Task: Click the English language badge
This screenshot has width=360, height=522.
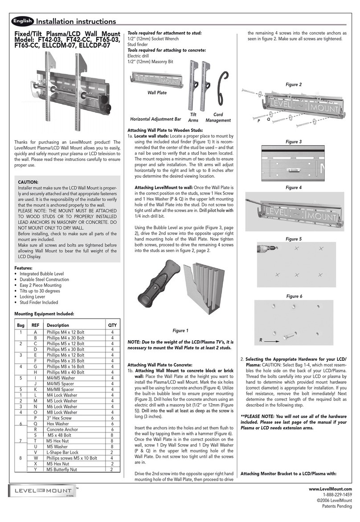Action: [x=22, y=20]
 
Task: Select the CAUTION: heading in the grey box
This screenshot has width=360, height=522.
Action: [x=28, y=182]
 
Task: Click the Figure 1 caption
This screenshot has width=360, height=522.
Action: [x=180, y=330]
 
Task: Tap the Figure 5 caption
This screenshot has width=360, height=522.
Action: [x=294, y=239]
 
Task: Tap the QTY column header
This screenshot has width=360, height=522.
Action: [x=113, y=325]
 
